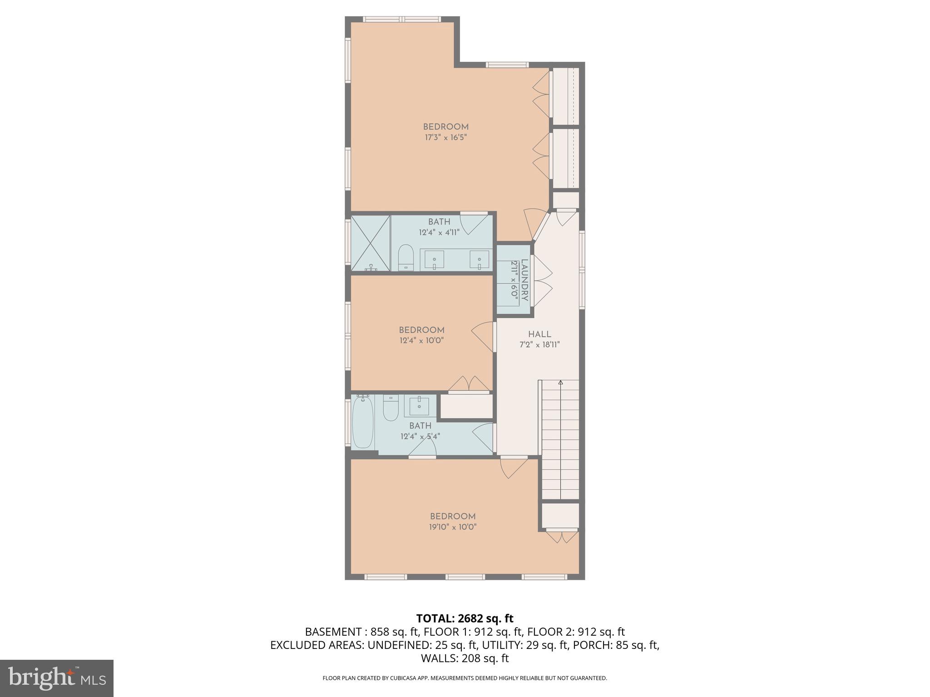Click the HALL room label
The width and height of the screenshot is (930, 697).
click(x=539, y=334)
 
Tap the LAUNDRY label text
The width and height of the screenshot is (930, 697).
click(x=524, y=280)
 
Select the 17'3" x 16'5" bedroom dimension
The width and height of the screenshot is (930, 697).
click(x=446, y=137)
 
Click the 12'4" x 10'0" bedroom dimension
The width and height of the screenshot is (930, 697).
click(x=421, y=340)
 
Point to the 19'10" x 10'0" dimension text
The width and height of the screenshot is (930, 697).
click(x=453, y=527)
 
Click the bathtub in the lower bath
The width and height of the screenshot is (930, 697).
click(x=363, y=422)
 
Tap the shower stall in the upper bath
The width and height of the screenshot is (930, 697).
click(x=370, y=243)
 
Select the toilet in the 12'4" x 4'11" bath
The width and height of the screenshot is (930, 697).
click(x=406, y=258)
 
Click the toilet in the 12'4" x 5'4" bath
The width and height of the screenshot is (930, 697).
click(x=391, y=407)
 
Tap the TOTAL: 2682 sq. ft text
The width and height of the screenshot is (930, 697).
click(x=465, y=618)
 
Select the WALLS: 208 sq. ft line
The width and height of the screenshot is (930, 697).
click(x=465, y=658)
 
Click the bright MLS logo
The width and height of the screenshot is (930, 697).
click(x=57, y=678)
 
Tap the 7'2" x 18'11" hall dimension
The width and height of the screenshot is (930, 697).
click(x=539, y=344)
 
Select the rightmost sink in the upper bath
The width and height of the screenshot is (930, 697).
click(x=479, y=260)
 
